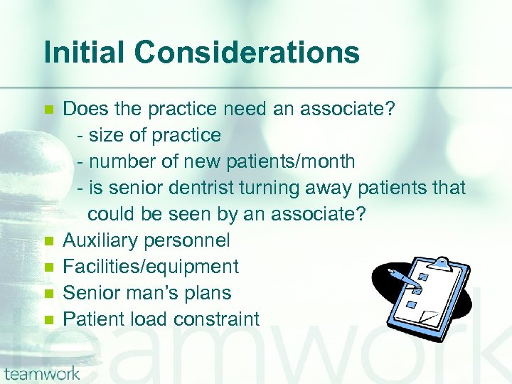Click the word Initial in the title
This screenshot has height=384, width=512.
coord(83,53)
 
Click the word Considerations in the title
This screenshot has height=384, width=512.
coord(246,53)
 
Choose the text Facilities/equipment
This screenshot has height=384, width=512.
coord(151,267)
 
